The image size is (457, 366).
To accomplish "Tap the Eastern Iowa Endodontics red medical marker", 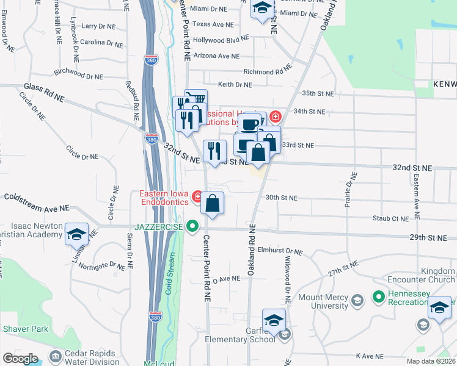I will (197, 196).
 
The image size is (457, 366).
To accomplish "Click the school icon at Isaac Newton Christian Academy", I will (76, 235).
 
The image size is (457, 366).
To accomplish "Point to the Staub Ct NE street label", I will (392, 218).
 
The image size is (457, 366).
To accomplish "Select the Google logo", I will (21, 358).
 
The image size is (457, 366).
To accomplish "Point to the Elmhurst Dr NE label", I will (280, 251).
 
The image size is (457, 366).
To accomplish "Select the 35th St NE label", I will (318, 93).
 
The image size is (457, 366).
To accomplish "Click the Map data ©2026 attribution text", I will (430, 361).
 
